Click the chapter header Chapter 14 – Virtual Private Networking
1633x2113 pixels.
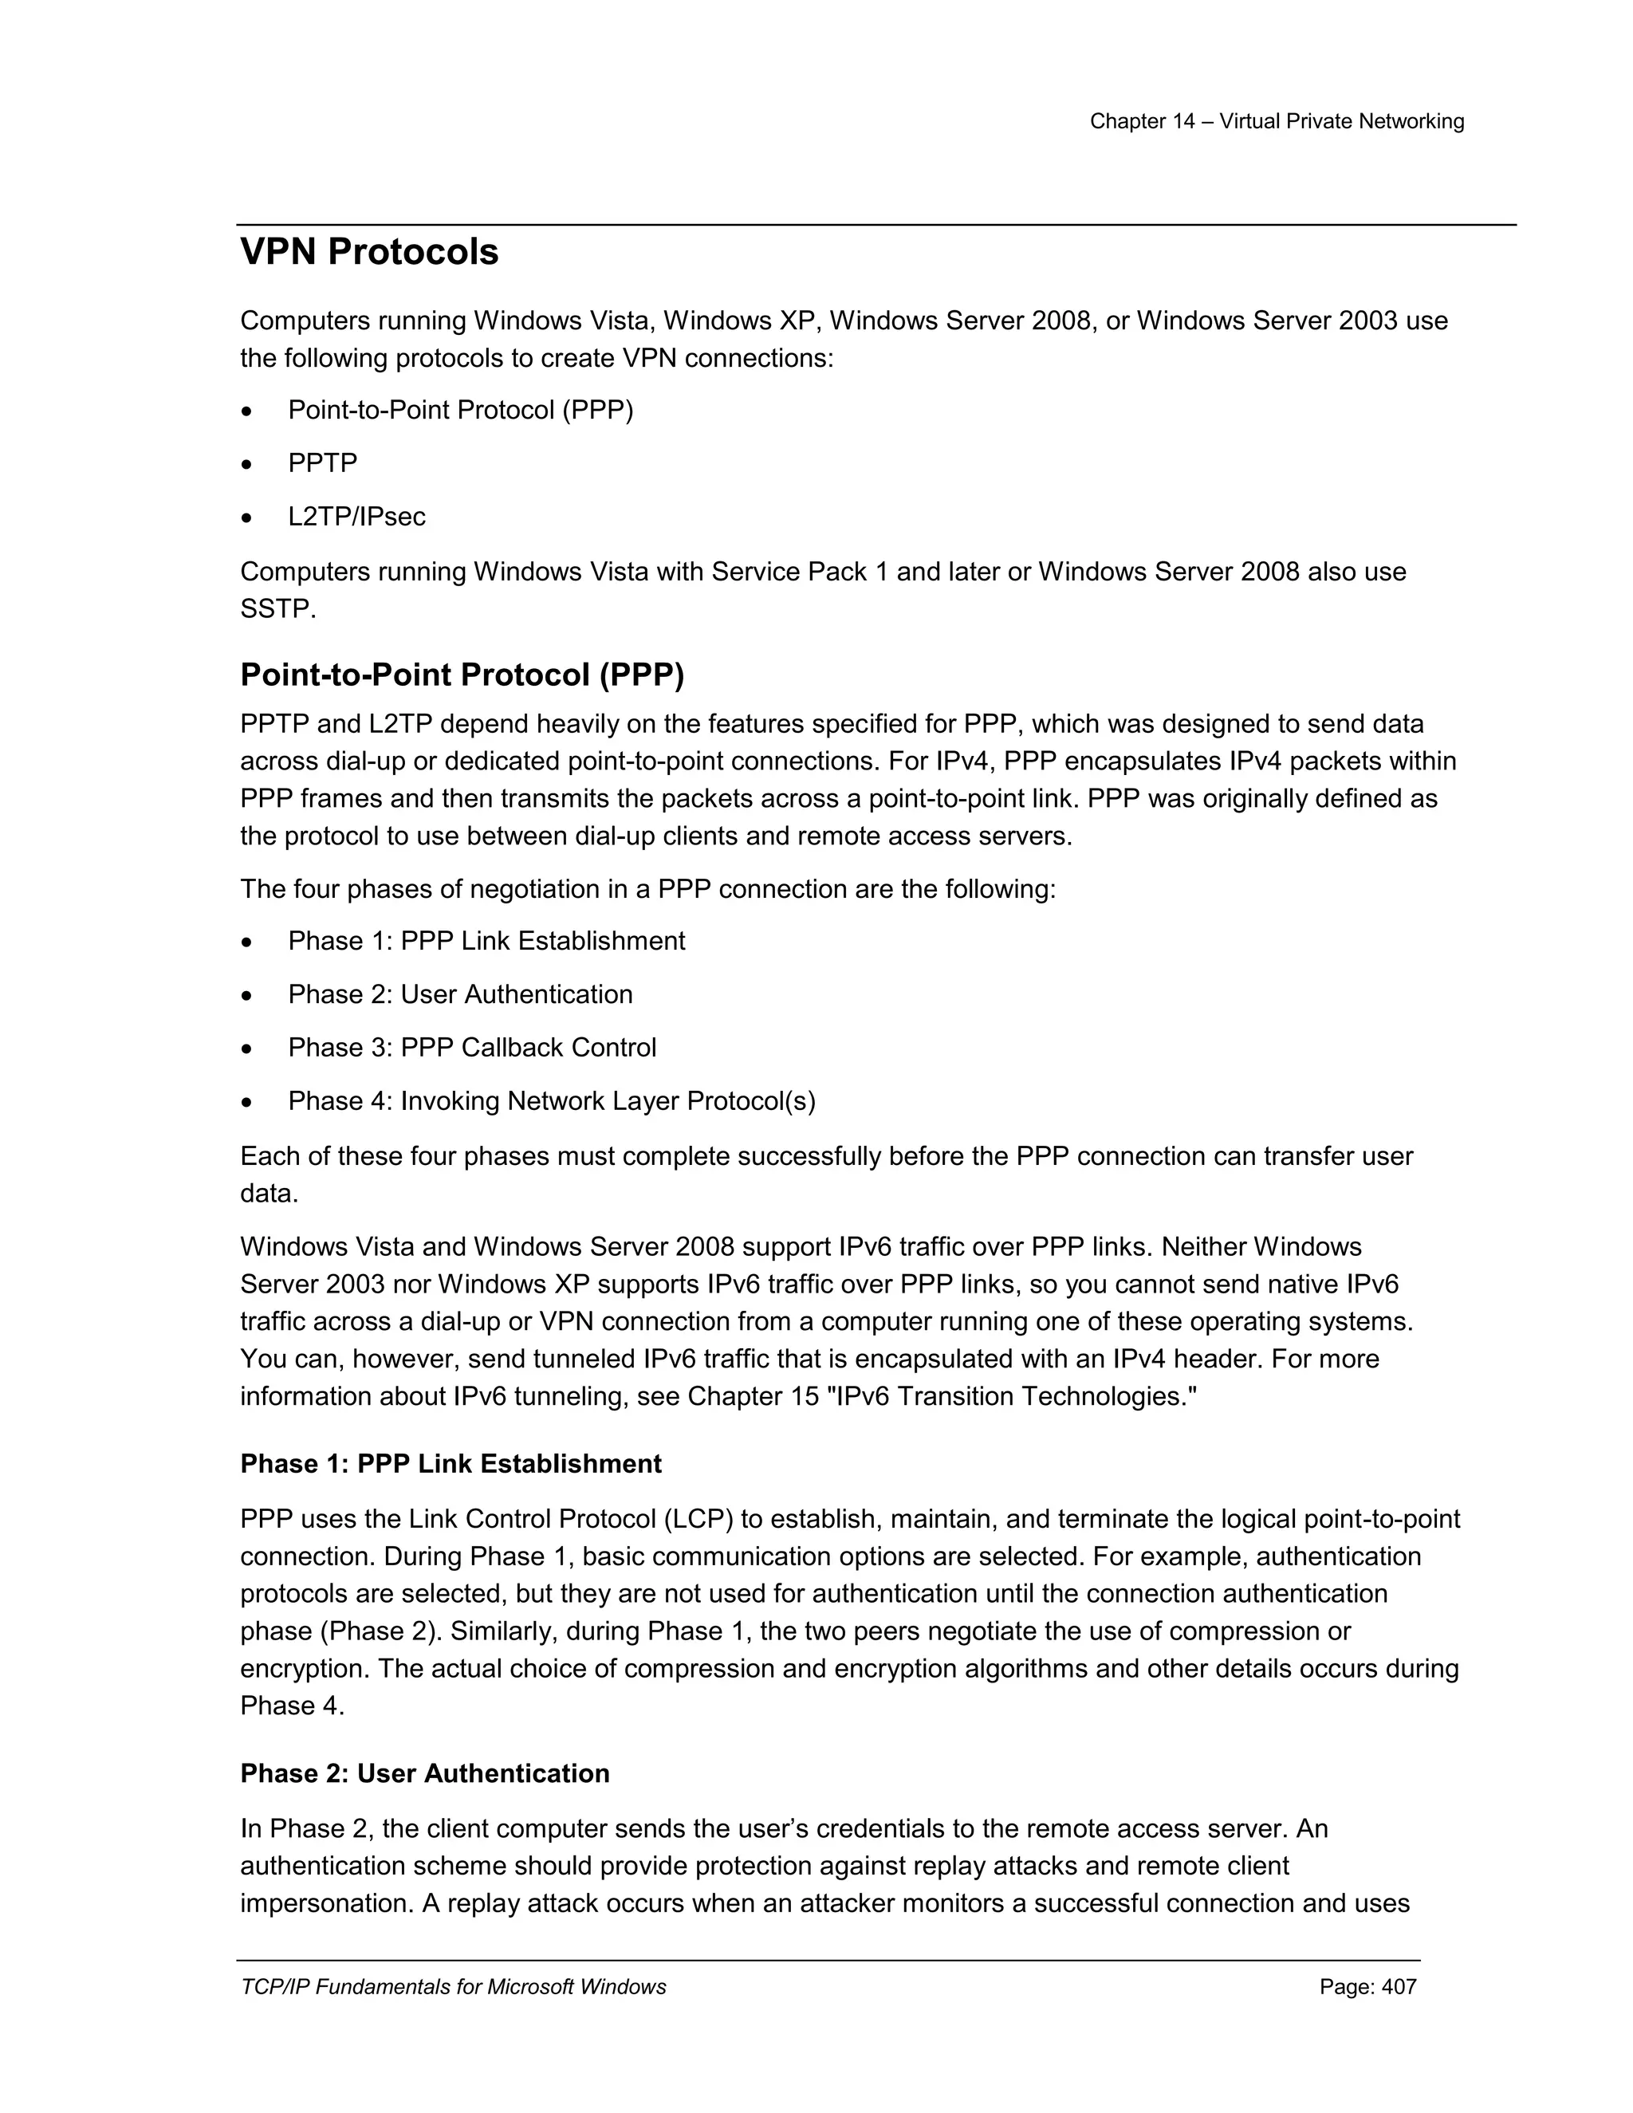click(x=1276, y=122)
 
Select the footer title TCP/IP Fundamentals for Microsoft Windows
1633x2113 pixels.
click(x=453, y=1987)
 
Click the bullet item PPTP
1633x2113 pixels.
click(x=322, y=463)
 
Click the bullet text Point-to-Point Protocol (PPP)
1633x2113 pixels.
click(x=461, y=410)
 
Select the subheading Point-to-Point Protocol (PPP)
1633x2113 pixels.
click(x=462, y=675)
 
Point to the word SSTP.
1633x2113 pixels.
click(x=277, y=609)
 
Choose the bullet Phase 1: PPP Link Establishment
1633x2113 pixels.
click(x=486, y=942)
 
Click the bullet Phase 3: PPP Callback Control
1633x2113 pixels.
click(x=472, y=1048)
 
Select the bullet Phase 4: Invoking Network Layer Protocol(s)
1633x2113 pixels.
click(x=552, y=1101)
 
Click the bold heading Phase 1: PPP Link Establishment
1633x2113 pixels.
click(x=451, y=1464)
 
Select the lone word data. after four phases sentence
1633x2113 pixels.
click(x=269, y=1194)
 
